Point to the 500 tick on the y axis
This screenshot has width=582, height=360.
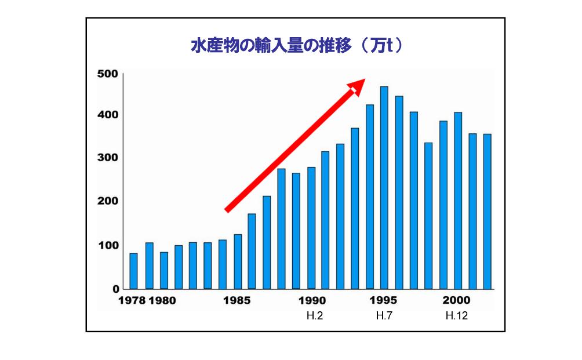pos(108,74)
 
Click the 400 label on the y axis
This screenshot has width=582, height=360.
pos(108,115)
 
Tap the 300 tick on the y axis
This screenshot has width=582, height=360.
pos(108,158)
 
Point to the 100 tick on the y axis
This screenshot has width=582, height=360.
pos(108,245)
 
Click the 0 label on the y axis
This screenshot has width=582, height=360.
pos(116,289)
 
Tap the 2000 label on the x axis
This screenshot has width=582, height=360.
pos(457,301)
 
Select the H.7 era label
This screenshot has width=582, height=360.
pos(384,316)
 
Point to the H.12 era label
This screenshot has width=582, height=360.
pos(457,316)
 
